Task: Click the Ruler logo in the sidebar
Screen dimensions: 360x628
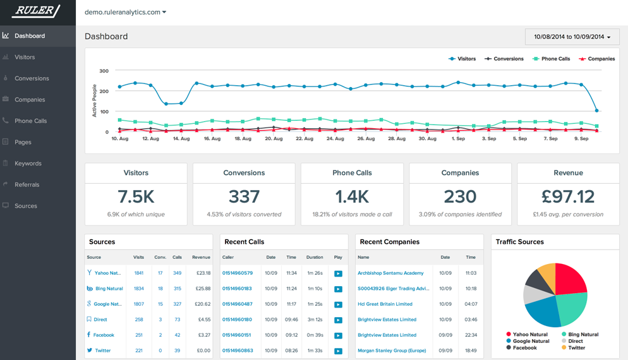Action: click(36, 11)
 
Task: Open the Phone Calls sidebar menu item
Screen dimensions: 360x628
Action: click(30, 121)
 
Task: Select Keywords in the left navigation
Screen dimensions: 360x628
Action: click(28, 163)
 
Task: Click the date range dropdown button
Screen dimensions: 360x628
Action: click(572, 37)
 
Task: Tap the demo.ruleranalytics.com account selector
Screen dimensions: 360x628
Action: click(125, 12)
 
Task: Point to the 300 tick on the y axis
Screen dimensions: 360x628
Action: click(104, 71)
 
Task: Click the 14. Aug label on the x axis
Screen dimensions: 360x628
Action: click(181, 138)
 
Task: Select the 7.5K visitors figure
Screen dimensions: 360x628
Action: click(136, 196)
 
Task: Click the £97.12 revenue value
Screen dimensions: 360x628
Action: click(568, 196)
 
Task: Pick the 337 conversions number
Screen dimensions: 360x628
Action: click(244, 196)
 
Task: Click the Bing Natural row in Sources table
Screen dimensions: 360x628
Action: click(109, 289)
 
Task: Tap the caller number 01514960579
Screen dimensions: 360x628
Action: click(238, 273)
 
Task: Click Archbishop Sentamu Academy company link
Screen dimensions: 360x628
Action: click(390, 273)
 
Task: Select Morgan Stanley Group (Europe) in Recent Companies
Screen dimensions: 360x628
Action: click(392, 351)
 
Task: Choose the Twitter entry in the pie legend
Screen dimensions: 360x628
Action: click(576, 348)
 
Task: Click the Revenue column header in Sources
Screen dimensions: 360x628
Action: click(201, 258)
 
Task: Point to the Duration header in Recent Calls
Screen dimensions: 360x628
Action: click(315, 258)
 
